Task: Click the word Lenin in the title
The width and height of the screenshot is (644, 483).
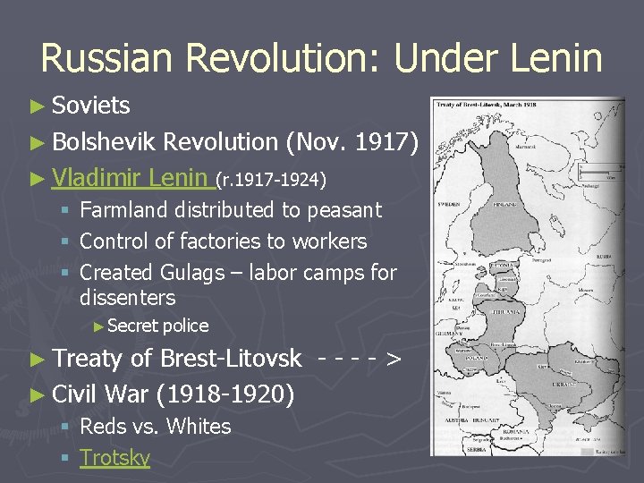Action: (555, 59)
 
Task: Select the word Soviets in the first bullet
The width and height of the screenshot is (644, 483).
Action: (91, 106)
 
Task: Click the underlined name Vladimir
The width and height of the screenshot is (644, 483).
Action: (96, 177)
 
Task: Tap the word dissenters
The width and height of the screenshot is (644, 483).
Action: (128, 297)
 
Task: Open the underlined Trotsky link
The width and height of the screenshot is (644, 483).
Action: (114, 457)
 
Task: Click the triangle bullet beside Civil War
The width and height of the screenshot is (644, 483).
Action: (36, 394)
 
